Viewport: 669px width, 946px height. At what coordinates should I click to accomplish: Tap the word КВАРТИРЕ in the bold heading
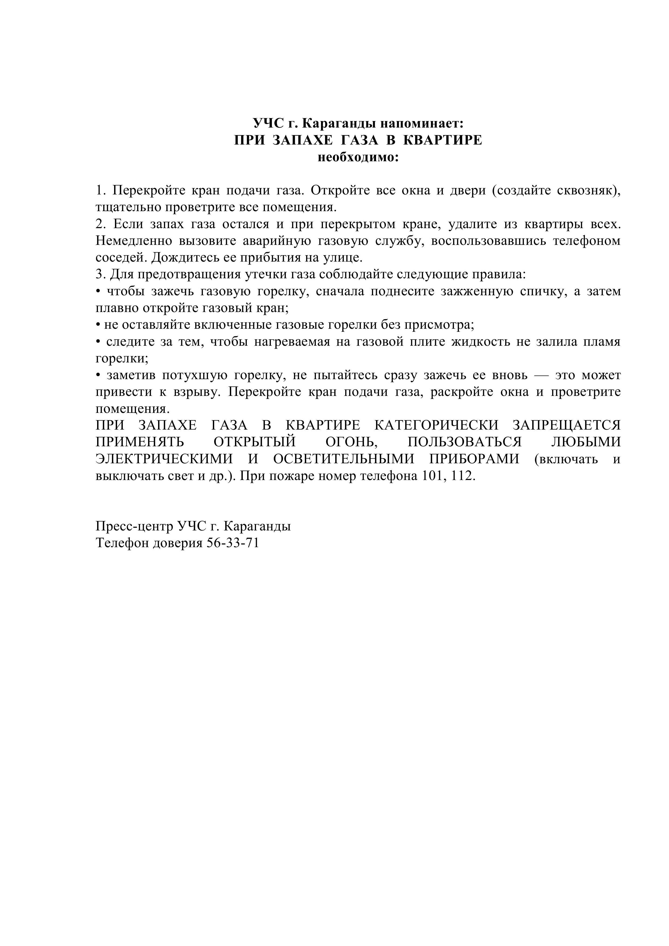click(442, 140)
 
